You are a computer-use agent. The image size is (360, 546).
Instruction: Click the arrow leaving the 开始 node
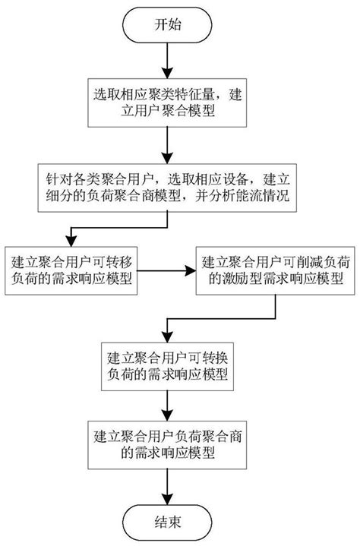(165, 62)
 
